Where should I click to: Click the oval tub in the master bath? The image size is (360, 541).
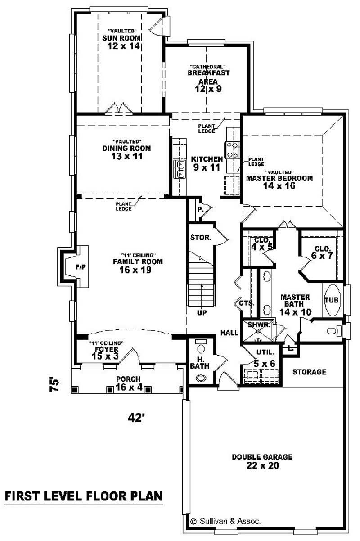[333, 300]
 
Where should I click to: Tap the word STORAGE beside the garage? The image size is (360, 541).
[309, 372]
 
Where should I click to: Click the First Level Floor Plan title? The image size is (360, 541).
[83, 496]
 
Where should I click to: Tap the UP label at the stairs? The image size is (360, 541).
[202, 312]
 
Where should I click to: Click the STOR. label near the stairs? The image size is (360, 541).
[201, 237]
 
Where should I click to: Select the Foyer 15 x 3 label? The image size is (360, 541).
[106, 352]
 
